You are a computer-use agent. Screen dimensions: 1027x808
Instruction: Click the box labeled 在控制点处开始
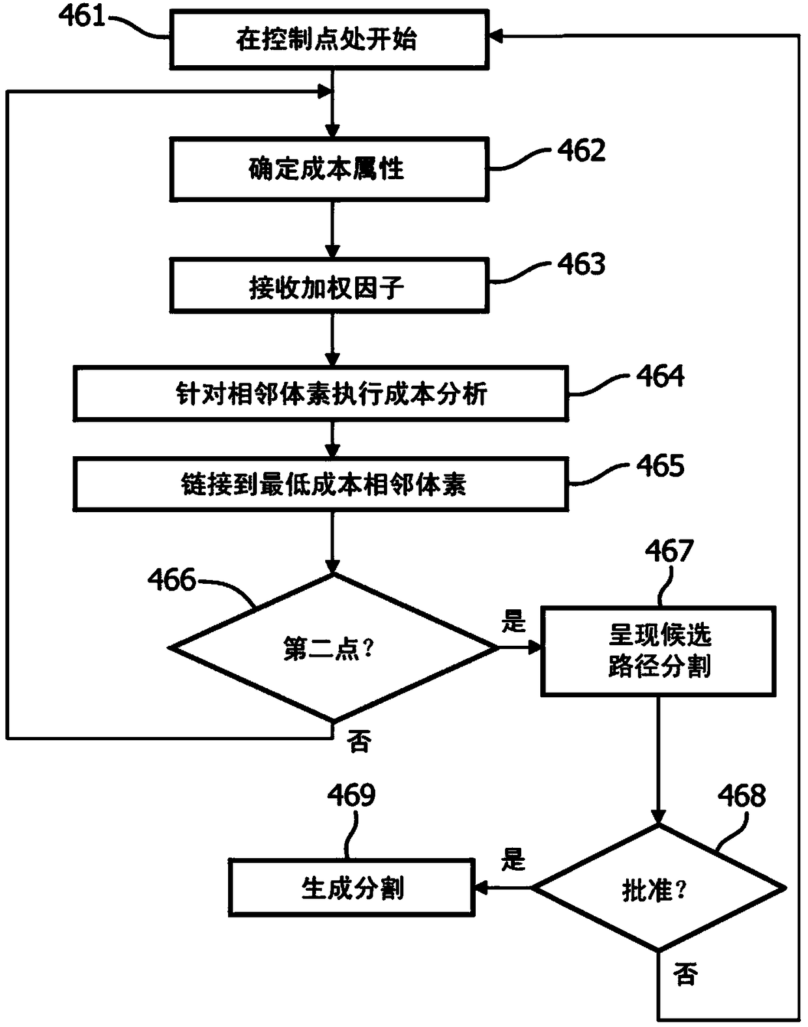[328, 39]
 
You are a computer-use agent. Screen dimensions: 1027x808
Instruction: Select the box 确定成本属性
[328, 169]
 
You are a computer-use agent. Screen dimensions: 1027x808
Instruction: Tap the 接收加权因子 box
[328, 286]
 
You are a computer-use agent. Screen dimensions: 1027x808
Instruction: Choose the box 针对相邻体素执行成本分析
[320, 393]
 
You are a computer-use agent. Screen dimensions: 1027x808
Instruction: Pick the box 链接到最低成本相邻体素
[320, 484]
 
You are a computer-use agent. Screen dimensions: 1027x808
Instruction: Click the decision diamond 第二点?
[332, 648]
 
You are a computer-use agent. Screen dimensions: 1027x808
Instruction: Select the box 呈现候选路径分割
[658, 651]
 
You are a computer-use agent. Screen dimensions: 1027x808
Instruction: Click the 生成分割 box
[351, 888]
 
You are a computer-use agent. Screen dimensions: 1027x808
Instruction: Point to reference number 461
[82, 16]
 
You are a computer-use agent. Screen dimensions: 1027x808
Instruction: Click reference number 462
[581, 151]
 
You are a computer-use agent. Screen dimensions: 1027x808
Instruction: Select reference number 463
[581, 264]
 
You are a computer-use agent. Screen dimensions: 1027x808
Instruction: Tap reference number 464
[660, 376]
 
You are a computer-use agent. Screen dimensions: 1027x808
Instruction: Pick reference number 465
[660, 466]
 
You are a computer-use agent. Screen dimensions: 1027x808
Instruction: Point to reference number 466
[171, 579]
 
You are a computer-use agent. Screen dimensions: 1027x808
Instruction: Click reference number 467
[669, 551]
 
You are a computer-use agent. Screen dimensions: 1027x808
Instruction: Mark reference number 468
[742, 796]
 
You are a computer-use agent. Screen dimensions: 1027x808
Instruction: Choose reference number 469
[351, 795]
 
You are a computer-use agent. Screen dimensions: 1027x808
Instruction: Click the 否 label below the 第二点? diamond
[359, 742]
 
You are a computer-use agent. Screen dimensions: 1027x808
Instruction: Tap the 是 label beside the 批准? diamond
[513, 860]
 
